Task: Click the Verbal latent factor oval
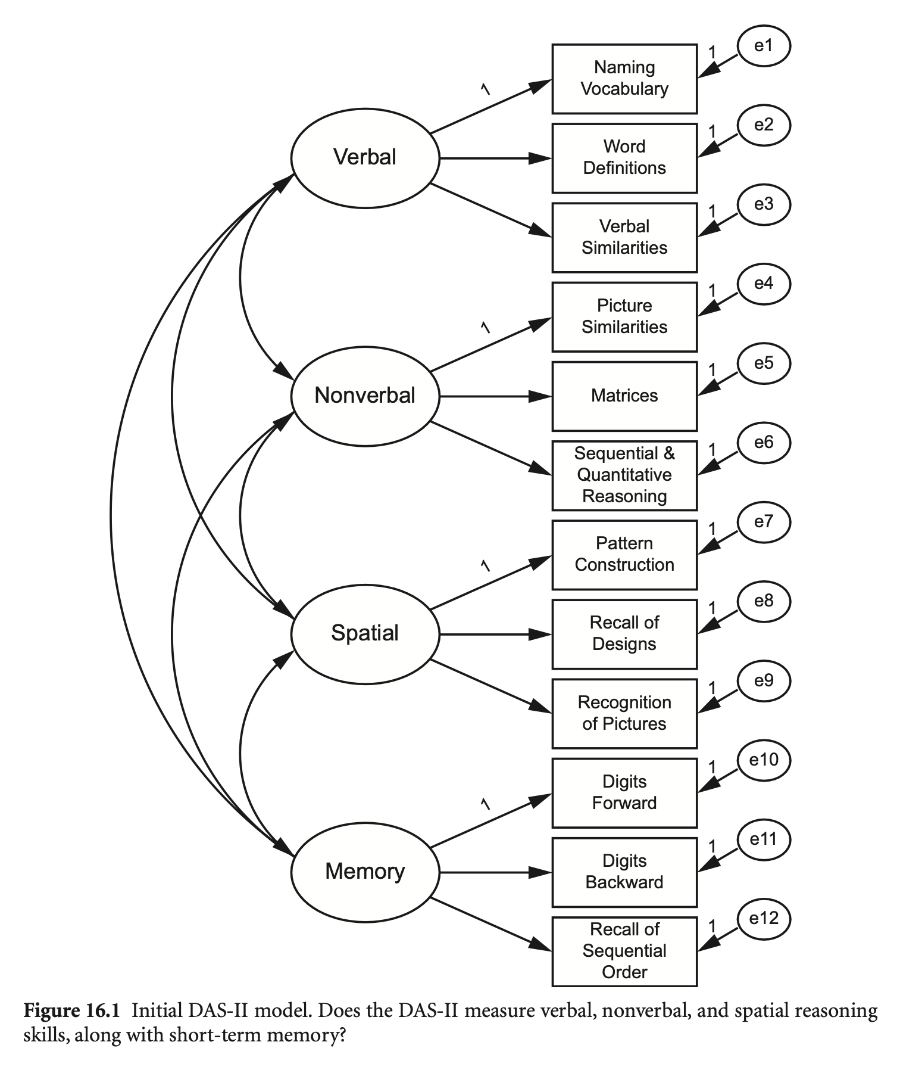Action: tap(365, 158)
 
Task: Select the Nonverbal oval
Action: tap(365, 396)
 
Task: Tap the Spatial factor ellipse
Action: tap(365, 633)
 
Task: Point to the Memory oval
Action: tap(365, 872)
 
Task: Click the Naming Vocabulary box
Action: tap(624, 79)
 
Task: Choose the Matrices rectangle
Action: tap(624, 396)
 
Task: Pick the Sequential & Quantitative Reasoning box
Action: tap(624, 475)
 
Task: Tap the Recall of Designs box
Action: tap(624, 634)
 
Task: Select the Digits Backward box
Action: tap(624, 872)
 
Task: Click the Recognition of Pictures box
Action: tap(624, 713)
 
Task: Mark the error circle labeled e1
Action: tap(763, 46)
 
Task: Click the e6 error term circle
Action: tap(763, 443)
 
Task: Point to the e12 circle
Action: tap(763, 919)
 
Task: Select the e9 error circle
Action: tap(763, 681)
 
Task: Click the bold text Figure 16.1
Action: tap(71, 1011)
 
